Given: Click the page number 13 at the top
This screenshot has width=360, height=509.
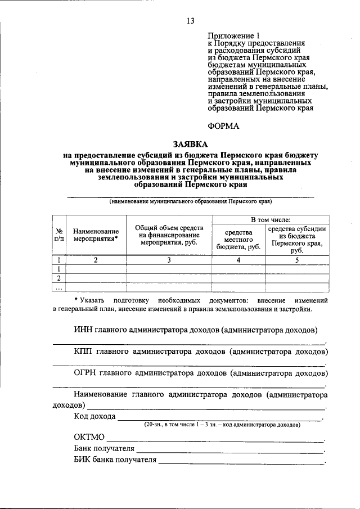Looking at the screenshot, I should click(x=190, y=21).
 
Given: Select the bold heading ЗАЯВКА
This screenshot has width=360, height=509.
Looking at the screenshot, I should click(x=190, y=143).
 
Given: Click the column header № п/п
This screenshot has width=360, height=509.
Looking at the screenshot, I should click(x=59, y=235).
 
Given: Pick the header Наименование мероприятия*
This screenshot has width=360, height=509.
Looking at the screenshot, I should click(x=96, y=235).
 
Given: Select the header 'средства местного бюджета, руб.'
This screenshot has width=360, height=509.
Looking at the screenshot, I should click(x=238, y=239).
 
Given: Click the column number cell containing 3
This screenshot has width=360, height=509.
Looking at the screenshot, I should click(x=168, y=260).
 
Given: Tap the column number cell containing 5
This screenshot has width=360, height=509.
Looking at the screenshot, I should click(x=297, y=260).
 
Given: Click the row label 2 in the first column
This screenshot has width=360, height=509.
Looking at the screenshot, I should click(x=59, y=278).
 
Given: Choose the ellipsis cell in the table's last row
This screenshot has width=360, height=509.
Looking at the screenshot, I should click(x=59, y=288).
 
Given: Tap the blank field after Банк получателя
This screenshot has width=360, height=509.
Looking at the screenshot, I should click(x=230, y=451).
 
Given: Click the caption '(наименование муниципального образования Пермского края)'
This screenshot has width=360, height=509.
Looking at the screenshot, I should click(x=190, y=201).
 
